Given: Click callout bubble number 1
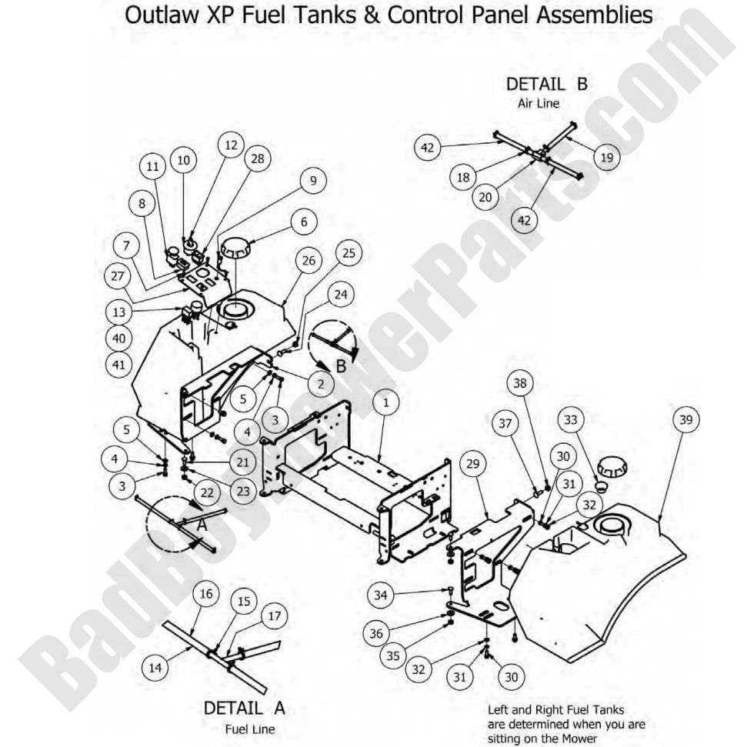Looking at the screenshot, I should [x=385, y=402].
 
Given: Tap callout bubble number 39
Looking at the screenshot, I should [x=686, y=420].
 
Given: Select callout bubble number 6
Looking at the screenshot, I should [x=303, y=222].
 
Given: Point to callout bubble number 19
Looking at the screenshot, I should [x=606, y=158].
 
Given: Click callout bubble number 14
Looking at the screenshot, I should [x=155, y=667].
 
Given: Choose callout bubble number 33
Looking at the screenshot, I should [x=570, y=420].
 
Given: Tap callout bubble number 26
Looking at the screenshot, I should [x=308, y=261].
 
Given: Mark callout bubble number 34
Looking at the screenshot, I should [x=379, y=594].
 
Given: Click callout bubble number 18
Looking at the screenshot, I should [x=463, y=177].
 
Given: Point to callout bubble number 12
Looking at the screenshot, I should [x=229, y=145].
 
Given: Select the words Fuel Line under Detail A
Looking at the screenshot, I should [x=250, y=729].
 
